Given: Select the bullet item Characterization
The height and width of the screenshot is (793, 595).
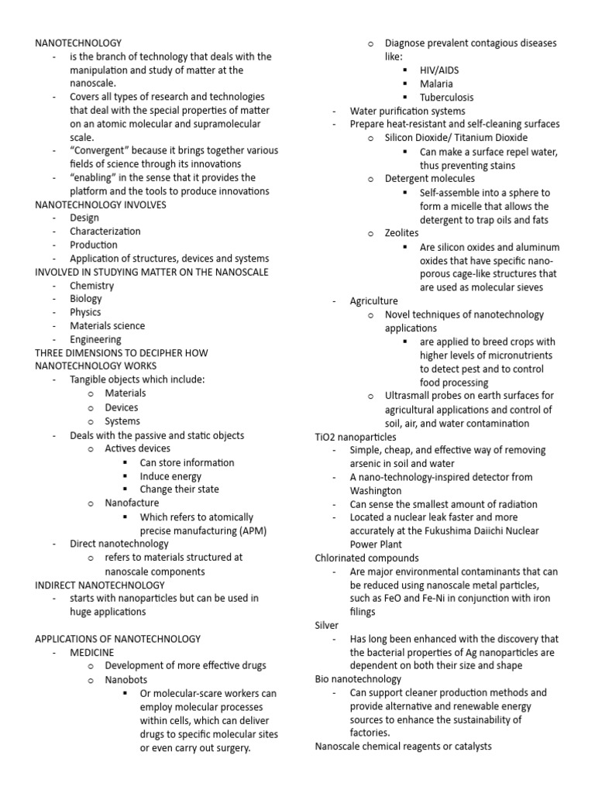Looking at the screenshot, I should pyautogui.click(x=105, y=232).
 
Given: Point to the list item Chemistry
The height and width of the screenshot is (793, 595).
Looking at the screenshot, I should pyautogui.click(x=92, y=286).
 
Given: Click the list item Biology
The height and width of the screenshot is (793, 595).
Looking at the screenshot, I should pyautogui.click(x=86, y=299).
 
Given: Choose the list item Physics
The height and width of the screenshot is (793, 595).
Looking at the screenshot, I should pyautogui.click(x=85, y=313).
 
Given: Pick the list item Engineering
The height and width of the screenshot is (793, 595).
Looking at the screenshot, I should pyautogui.click(x=95, y=340).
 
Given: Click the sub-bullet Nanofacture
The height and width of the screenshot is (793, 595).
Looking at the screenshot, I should pyautogui.click(x=132, y=503).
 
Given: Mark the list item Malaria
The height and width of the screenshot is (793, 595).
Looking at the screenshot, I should pyautogui.click(x=437, y=84).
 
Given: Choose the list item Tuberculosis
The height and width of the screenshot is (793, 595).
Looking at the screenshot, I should pyautogui.click(x=447, y=97).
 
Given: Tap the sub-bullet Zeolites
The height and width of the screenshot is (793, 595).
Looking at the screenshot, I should pyautogui.click(x=402, y=232).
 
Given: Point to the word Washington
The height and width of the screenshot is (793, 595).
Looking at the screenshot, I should pyautogui.click(x=376, y=490).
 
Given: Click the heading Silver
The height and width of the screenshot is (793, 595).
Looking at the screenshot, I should pyautogui.click(x=327, y=625).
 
